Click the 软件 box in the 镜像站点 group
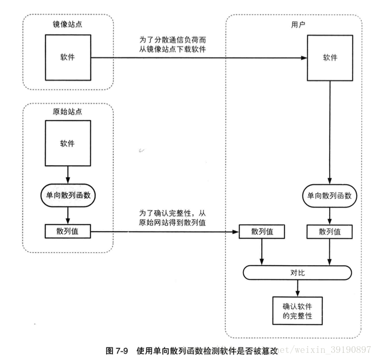pos(67,57)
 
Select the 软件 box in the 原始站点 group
pos(67,143)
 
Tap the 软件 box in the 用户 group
pos(330,57)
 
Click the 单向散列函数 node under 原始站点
pos(67,194)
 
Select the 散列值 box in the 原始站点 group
pos(67,231)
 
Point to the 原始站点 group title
pos(67,111)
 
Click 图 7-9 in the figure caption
pos(118,350)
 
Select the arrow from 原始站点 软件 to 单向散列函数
pos(67,174)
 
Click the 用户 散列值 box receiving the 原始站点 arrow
pos(262,232)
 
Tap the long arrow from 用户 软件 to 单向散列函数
pos(330,133)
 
